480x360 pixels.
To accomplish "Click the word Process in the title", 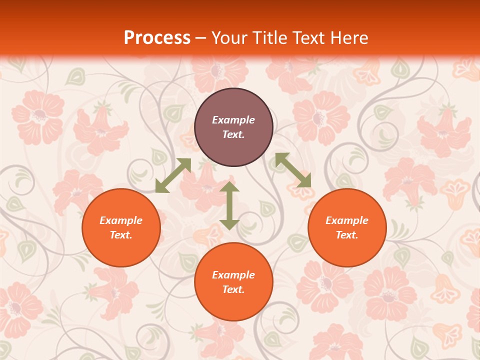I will (x=157, y=38).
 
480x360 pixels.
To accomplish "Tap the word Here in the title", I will (x=348, y=38).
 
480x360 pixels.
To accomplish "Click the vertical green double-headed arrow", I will (x=229, y=205).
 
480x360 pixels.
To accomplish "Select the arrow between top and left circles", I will (x=173, y=175).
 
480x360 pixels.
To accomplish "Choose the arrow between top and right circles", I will (x=293, y=170).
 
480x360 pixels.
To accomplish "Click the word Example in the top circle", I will (x=233, y=120).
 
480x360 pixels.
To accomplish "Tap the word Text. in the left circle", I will (x=121, y=235).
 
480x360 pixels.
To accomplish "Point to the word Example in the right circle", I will (x=347, y=220).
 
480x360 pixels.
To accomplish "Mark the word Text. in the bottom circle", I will (x=233, y=289).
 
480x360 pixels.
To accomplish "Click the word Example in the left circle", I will (x=121, y=220).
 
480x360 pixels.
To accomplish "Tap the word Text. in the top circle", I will (x=233, y=134).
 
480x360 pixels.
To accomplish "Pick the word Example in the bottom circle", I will (x=233, y=275).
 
